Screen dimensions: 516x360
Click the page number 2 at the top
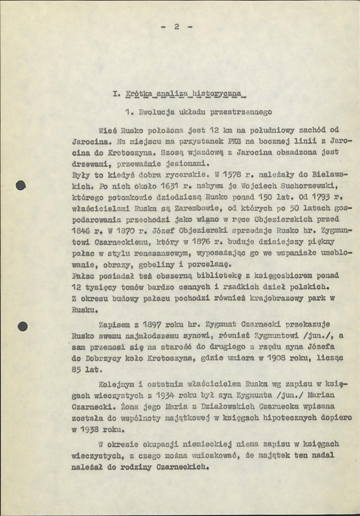point(176,27)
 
